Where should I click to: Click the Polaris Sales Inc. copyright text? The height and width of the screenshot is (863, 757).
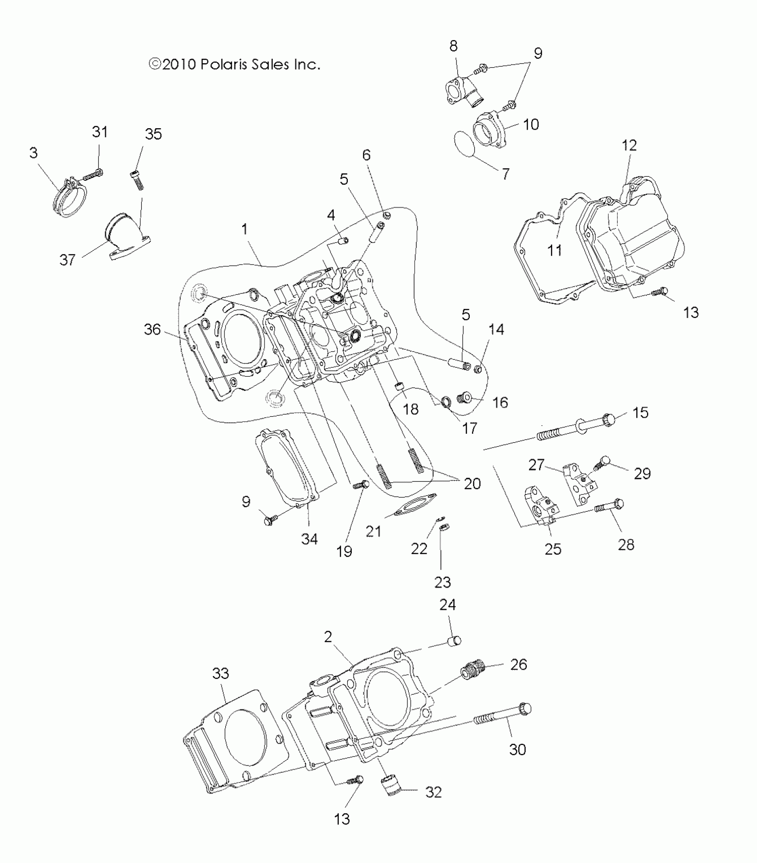coord(235,65)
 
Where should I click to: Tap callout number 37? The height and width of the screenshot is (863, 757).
coord(68,260)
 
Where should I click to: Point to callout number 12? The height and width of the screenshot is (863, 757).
coord(629,145)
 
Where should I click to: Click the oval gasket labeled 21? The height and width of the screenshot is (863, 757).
coord(415,505)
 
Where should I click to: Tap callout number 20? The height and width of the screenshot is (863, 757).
coord(472,484)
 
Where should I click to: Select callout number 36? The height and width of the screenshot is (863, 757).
coord(152,330)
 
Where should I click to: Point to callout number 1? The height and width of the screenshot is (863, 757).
coord(244,229)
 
